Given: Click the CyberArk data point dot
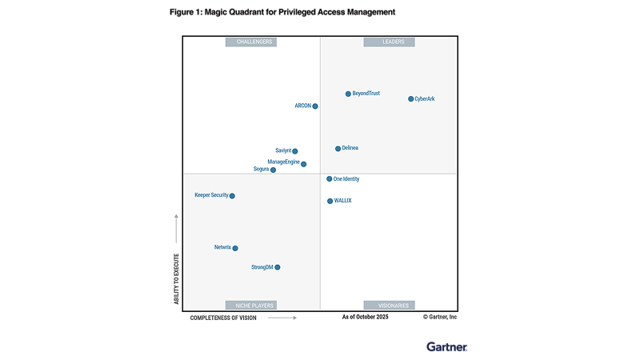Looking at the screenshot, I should click(411, 99).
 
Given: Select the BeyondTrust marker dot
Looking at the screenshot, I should click(348, 94).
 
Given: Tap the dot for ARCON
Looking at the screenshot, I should click(315, 106).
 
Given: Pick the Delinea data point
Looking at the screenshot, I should click(338, 148).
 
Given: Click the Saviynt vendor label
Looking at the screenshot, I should click(283, 150).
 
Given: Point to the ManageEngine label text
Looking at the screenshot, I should click(283, 162).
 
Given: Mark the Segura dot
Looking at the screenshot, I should click(273, 170).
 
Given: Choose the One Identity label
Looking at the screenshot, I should click(346, 179).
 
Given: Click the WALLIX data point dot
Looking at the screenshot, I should click(330, 201).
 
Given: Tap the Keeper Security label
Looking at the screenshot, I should click(211, 195).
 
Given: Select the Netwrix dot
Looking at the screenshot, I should click(235, 248).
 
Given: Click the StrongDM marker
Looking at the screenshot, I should click(278, 267).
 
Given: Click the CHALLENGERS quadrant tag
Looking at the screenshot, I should click(251, 42).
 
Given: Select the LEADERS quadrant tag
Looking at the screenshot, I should click(390, 42).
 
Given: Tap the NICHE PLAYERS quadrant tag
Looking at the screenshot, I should click(251, 305).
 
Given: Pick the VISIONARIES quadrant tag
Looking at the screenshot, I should click(390, 305).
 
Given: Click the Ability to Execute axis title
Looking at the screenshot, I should click(176, 278).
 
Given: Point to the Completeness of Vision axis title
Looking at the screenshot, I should click(223, 318).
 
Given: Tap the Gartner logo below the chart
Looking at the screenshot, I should click(447, 346).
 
